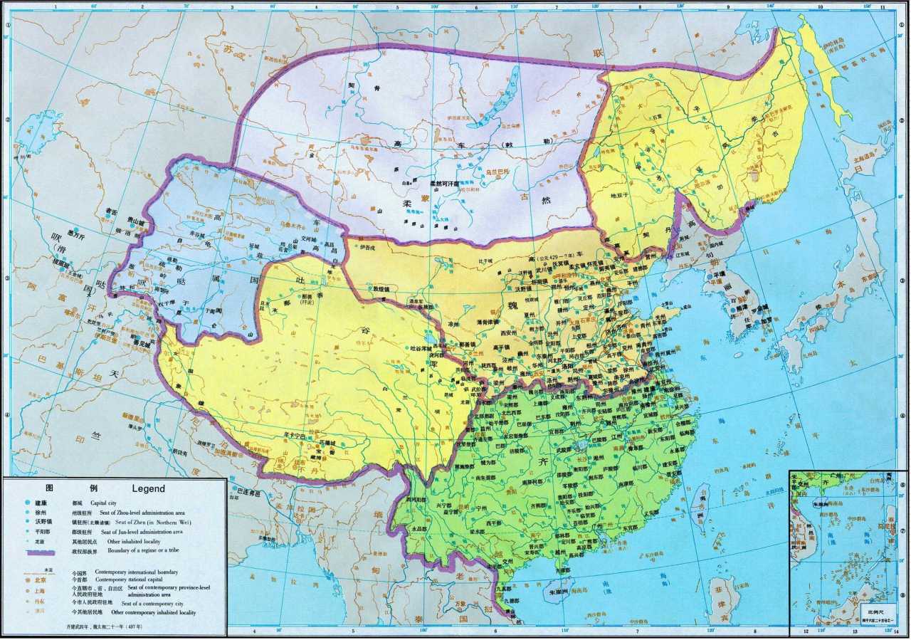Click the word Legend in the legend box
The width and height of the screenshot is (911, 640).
(148, 488)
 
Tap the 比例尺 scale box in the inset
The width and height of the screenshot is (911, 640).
(876, 614)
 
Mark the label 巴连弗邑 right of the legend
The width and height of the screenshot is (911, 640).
(248, 491)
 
